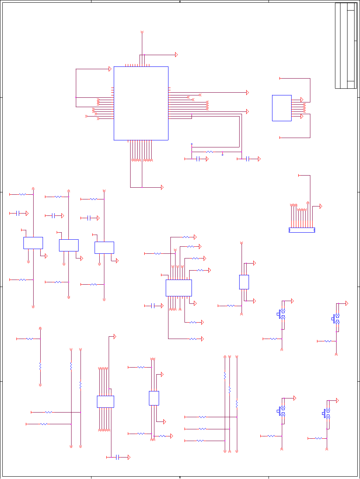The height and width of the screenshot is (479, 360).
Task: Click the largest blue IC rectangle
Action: pyautogui.click(x=141, y=103)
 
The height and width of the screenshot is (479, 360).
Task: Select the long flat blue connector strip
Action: pyautogui.click(x=302, y=230)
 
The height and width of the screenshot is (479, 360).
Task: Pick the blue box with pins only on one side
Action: pyautogui.click(x=281, y=108)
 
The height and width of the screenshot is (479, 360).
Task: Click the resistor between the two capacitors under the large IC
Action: pyautogui.click(x=210, y=152)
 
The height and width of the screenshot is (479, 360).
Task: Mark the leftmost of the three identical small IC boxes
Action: pyautogui.click(x=33, y=243)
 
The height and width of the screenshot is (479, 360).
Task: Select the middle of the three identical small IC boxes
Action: pyautogui.click(x=68, y=245)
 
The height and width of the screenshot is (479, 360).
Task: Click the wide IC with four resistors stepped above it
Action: pyautogui.click(x=179, y=288)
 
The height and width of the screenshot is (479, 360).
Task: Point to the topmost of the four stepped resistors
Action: pyautogui.click(x=186, y=237)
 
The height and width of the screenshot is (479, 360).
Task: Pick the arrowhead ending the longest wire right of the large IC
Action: pyautogui.click(x=247, y=93)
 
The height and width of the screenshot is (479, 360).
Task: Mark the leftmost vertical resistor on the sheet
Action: pyautogui.click(x=40, y=366)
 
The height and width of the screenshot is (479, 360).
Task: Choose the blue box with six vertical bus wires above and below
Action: pyautogui.click(x=106, y=402)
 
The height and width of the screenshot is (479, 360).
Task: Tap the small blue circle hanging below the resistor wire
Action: pyautogui.click(x=222, y=155)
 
